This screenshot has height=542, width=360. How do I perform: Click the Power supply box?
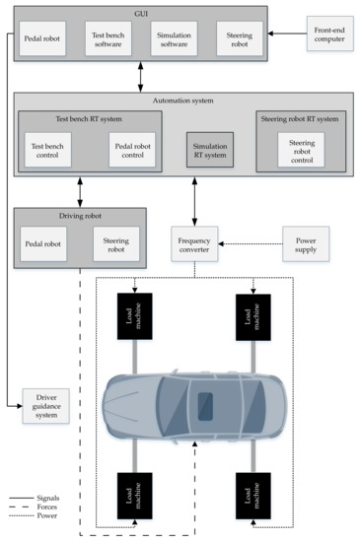pyautogui.click(x=305, y=242)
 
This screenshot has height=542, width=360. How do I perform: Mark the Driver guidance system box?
pyautogui.click(x=46, y=407)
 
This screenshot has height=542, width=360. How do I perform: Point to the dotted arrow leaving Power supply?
pyautogui.click(x=251, y=242)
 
